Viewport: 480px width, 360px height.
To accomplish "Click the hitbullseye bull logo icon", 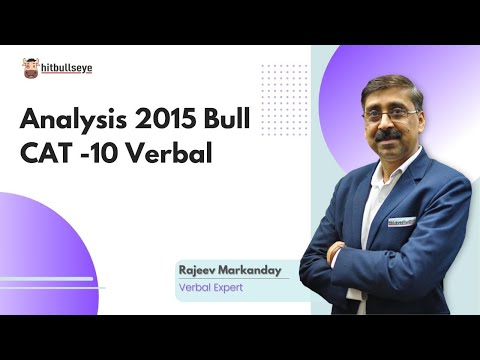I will pos(31,68).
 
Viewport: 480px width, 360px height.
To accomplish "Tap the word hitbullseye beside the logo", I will pos(66,67).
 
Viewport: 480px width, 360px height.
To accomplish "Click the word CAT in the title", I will pos(46,156).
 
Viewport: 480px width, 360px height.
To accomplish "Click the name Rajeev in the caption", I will pos(200,270).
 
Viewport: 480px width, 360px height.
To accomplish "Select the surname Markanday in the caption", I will pos(255,270).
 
